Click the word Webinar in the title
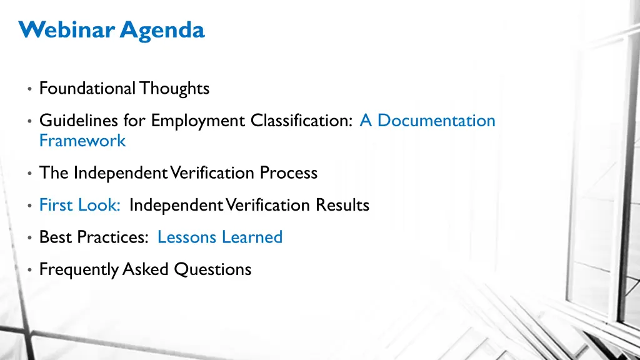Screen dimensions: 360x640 [67, 29]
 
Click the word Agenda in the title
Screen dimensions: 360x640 [162, 30]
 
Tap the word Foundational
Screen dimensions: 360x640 [87, 89]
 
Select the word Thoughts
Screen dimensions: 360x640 [174, 89]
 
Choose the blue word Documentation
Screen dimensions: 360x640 [436, 120]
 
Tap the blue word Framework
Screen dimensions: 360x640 [82, 141]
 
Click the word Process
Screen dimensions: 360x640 [289, 172]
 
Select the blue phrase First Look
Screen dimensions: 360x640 [79, 205]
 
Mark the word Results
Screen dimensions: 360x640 [342, 205]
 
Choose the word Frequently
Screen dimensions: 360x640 [79, 270]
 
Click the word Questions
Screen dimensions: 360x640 [212, 270]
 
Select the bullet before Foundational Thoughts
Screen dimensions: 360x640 [30, 89]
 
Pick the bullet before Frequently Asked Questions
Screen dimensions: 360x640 [30, 271]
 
